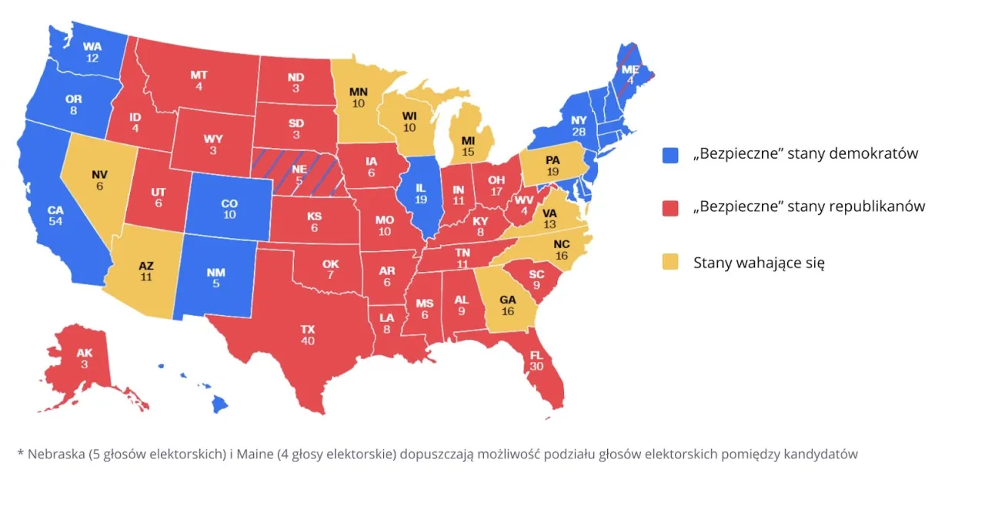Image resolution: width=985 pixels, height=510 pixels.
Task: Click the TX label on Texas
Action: (x=308, y=329)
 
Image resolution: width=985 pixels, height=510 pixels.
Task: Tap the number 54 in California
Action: (x=55, y=221)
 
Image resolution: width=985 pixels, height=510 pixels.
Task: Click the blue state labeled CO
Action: (x=229, y=208)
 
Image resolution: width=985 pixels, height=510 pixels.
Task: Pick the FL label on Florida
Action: (x=536, y=356)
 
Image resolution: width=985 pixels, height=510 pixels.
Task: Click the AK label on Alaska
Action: (x=85, y=353)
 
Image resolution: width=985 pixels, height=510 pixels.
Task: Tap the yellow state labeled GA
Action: (x=508, y=305)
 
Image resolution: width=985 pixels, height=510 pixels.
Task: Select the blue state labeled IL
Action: (x=420, y=193)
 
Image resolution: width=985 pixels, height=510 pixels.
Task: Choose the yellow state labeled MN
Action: (x=359, y=96)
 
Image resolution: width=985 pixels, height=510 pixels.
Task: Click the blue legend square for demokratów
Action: (x=670, y=154)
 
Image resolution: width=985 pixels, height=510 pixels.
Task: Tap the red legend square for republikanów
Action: (x=670, y=207)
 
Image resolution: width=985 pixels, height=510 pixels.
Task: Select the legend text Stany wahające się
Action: (x=759, y=263)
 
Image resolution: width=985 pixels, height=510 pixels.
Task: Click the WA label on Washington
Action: (x=92, y=46)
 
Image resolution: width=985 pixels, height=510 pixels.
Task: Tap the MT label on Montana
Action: (x=199, y=75)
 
